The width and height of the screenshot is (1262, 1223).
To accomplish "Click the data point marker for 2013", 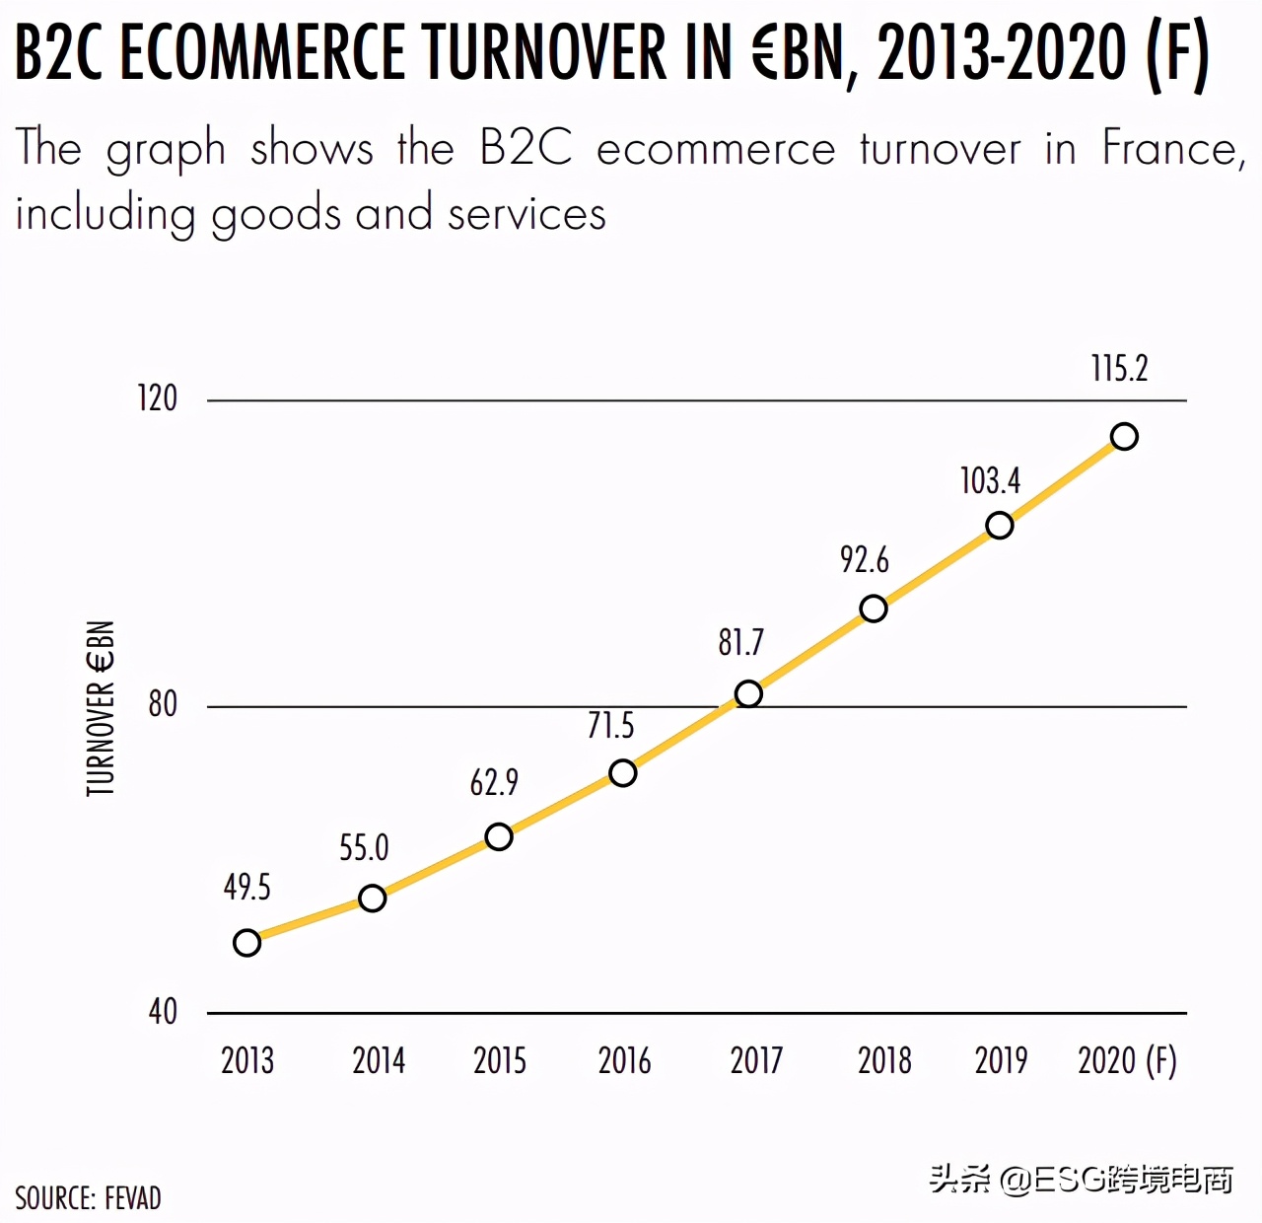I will [247, 943].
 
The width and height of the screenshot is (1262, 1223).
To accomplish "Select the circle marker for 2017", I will [748, 694].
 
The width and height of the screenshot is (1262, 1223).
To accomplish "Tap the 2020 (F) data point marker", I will [1124, 436].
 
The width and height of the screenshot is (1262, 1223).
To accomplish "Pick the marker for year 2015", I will [499, 836].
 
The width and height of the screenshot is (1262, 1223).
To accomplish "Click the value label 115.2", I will [1119, 369].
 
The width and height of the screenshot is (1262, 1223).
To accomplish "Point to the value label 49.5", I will [246, 888].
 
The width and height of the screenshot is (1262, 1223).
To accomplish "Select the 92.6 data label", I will [864, 560].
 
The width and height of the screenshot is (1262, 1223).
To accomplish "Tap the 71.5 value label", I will [610, 726].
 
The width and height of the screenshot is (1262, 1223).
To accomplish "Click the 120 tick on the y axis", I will [157, 398].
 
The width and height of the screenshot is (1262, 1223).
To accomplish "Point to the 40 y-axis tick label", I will [163, 1011].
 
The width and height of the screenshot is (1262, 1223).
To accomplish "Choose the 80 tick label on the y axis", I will [163, 704].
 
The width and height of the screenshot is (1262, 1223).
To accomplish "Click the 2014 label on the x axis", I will [379, 1061].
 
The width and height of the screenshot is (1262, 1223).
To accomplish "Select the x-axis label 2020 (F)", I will [1127, 1061].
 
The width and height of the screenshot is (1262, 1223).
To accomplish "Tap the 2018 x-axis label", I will [884, 1061].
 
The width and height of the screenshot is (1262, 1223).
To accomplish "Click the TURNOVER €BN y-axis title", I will [101, 708].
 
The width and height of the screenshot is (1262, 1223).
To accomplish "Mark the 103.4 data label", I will [990, 481].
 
